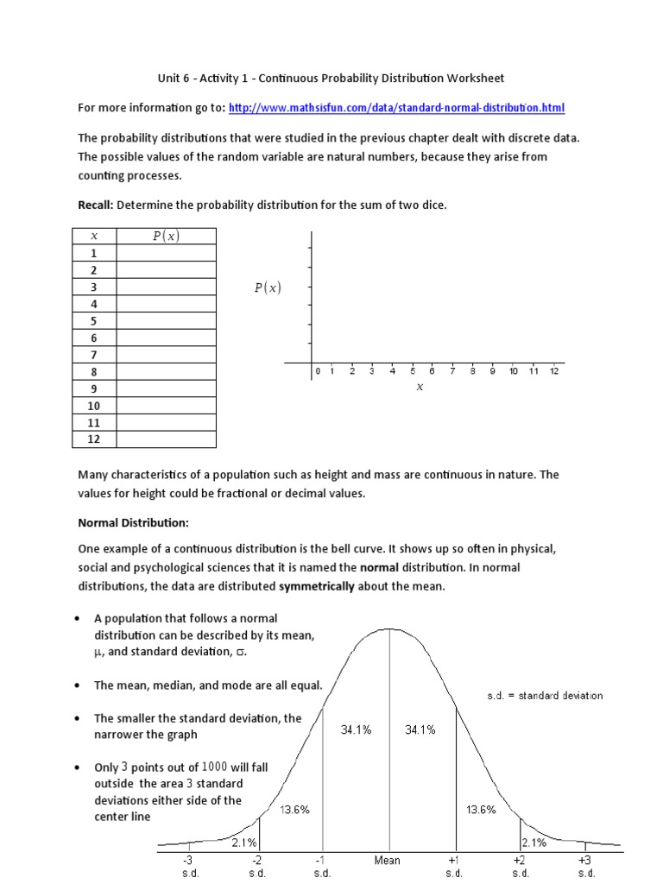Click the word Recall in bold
(95, 205)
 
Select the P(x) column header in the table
(166, 237)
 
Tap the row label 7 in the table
(94, 355)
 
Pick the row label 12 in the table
(94, 439)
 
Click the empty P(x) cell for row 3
(166, 287)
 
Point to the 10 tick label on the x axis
(514, 372)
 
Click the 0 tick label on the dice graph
(318, 372)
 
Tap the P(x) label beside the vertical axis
(268, 289)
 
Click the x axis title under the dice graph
(420, 388)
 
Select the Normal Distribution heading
(133, 523)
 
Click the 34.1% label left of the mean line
(354, 730)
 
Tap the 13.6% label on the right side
(481, 810)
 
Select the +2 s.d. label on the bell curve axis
(521, 867)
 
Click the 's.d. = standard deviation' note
(546, 696)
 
